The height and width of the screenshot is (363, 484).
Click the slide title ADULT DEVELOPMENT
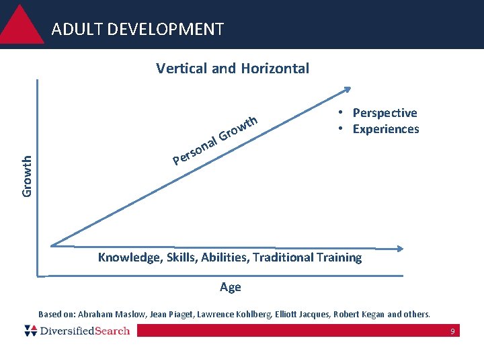click(137, 30)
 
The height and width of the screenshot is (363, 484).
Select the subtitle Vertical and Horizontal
click(233, 68)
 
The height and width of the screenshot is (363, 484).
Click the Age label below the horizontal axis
click(230, 287)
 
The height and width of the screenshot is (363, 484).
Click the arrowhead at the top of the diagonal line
click(347, 89)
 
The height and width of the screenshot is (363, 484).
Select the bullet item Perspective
click(385, 113)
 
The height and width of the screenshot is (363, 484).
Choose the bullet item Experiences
click(386, 129)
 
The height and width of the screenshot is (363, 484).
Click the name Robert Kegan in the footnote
click(360, 314)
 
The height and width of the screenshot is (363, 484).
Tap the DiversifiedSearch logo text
click(84, 331)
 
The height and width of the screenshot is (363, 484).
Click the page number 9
click(452, 331)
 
